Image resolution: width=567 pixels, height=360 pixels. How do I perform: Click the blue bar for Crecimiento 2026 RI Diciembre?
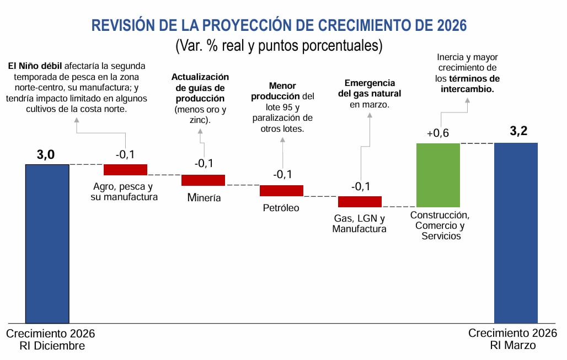click(47, 243)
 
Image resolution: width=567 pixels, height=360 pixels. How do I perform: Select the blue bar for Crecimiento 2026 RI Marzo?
click(516, 232)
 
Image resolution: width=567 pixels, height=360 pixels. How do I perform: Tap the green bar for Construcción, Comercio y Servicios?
click(438, 175)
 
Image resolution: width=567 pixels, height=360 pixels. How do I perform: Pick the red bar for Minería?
click(203, 180)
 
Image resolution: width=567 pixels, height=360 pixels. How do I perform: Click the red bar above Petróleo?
click(281, 190)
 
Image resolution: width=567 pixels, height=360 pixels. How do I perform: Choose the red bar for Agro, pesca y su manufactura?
click(125, 169)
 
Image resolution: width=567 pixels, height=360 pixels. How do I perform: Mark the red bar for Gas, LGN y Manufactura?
click(360, 201)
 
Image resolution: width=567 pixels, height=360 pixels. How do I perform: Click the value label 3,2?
click(519, 131)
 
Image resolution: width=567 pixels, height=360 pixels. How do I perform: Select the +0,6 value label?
click(438, 133)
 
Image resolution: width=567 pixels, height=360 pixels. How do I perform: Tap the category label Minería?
click(204, 197)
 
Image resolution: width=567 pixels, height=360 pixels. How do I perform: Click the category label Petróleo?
click(281, 208)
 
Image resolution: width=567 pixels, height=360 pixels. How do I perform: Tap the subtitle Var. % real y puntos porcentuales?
click(279, 45)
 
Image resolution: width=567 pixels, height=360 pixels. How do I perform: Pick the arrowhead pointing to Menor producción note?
click(282, 138)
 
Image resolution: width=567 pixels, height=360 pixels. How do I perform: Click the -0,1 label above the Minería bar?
click(204, 163)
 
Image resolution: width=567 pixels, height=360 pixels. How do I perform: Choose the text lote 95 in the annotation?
click(275, 107)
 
